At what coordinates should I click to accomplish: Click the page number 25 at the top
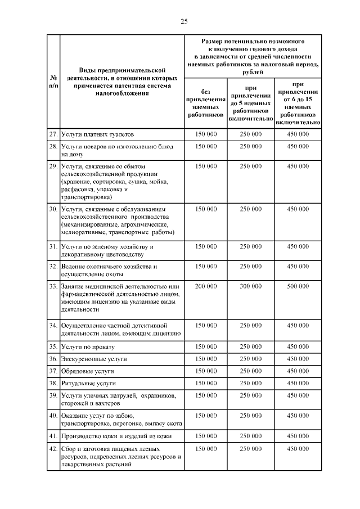184,21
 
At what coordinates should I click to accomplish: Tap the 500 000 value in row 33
298,286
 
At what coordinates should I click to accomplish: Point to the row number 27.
53,135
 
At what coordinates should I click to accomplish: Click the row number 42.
53,449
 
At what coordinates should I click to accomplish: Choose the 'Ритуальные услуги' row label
89,383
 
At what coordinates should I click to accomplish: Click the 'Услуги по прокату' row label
89,346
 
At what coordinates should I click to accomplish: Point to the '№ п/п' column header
53,82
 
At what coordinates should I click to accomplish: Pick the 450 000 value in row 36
298,358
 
